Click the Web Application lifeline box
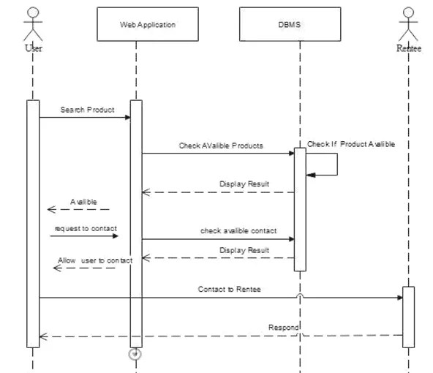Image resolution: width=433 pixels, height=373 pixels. [147, 25]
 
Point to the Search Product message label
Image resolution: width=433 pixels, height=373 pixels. [87, 110]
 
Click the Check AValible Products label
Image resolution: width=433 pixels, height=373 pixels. [221, 146]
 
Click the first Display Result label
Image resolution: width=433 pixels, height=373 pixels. [244, 184]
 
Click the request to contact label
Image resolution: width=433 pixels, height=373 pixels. [84, 228]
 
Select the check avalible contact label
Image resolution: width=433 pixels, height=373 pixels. [238, 230]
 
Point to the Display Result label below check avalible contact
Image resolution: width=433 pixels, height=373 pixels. [244, 250]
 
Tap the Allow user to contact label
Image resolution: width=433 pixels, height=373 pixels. [95, 260]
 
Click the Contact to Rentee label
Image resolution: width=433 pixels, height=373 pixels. [229, 289]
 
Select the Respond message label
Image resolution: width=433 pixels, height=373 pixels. [284, 327]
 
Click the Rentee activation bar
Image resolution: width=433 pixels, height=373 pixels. [408, 316]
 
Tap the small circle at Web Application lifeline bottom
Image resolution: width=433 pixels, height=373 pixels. [135, 354]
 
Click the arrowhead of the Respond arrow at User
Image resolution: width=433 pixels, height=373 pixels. [43, 336]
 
